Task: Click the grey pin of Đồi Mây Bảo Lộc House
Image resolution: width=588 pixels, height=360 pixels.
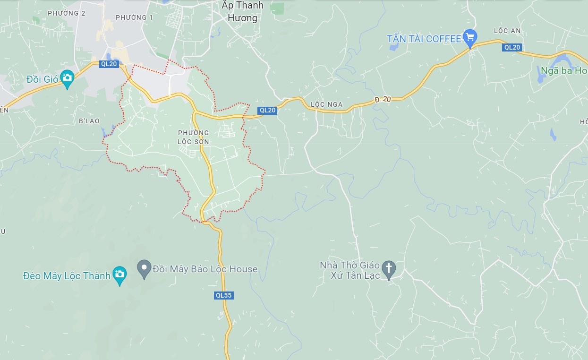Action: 144,268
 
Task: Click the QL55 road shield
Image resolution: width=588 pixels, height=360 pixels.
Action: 224,295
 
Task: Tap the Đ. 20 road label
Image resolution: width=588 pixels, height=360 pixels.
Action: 383,99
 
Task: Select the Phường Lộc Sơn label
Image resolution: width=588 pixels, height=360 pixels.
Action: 193,137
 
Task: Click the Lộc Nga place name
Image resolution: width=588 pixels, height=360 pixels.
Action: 327,104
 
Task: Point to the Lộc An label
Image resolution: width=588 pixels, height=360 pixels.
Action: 507,31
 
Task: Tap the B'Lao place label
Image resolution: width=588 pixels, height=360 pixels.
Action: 89,121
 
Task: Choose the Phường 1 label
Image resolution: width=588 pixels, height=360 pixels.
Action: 134,17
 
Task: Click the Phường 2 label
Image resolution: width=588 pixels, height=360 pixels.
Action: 67,13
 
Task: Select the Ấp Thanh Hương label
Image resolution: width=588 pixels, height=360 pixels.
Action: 243,12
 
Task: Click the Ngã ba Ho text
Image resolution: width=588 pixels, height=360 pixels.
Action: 562,71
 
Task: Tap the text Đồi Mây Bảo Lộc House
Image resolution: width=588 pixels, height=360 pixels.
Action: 205,269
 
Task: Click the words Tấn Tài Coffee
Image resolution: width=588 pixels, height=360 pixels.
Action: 424,39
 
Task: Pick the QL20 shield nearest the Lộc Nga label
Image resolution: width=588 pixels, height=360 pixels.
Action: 267,110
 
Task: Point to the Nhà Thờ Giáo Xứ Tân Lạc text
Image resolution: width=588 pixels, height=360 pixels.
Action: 350,270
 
